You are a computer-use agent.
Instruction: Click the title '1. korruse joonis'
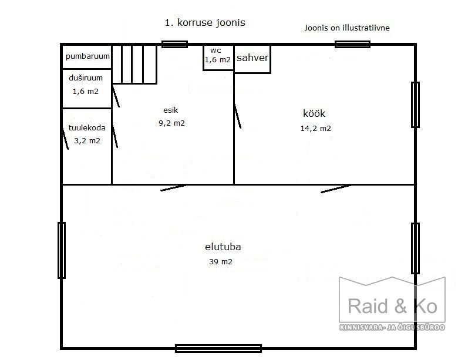(205, 22)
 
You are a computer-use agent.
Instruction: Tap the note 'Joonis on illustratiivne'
(347, 28)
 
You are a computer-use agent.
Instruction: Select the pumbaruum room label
(87, 56)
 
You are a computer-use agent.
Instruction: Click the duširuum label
(86, 78)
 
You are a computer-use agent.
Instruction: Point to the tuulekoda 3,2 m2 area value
(87, 140)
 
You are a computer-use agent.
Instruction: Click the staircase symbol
(134, 64)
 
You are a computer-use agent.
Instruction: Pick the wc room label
(215, 51)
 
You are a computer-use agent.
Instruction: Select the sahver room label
(252, 58)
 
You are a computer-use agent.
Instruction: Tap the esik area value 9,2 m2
(172, 123)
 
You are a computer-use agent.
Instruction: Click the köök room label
(314, 113)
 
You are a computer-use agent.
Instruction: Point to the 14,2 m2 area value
(316, 128)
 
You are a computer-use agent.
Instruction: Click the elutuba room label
(223, 247)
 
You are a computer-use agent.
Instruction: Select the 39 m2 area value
(221, 261)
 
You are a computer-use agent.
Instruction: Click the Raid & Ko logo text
(393, 306)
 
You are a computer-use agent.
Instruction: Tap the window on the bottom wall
(218, 348)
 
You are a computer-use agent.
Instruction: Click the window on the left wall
(62, 250)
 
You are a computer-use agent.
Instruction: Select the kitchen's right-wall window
(415, 105)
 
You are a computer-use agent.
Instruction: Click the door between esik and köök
(238, 116)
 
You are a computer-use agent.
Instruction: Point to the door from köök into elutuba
(336, 189)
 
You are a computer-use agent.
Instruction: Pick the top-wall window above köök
(353, 44)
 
